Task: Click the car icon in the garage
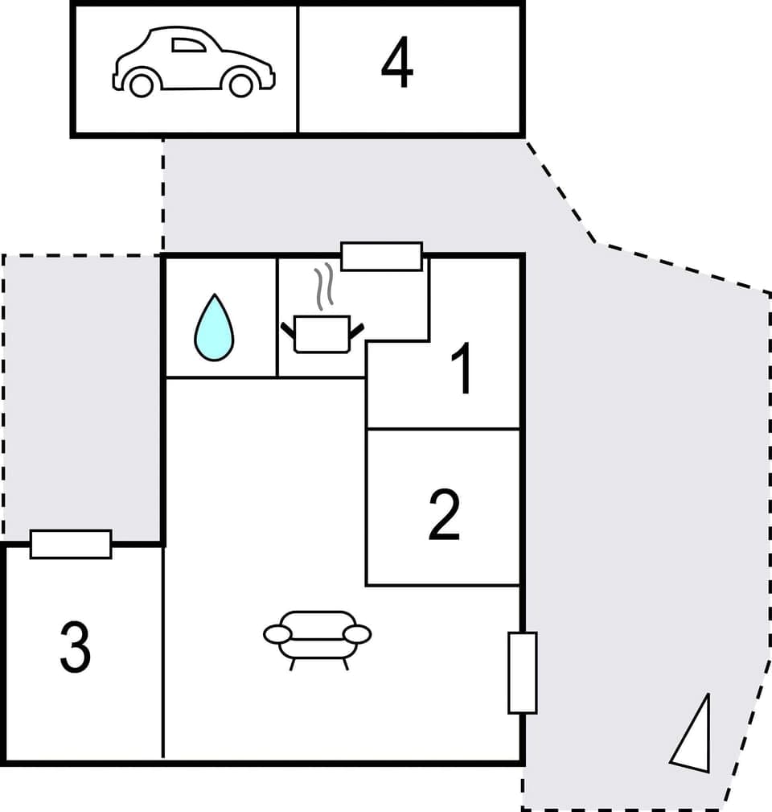pos(193,61)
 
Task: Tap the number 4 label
pos(397,65)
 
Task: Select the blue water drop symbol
pos(214,328)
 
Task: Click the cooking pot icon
pos(322,334)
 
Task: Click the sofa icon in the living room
pos(318,636)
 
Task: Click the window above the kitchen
pos(381,256)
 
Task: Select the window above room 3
pos(71,544)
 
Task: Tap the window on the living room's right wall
pos(522,673)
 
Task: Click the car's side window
pos(188,45)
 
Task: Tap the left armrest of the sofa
pos(277,634)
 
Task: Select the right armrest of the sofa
pos(357,634)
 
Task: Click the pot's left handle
pos(287,329)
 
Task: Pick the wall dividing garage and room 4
pos(298,69)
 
